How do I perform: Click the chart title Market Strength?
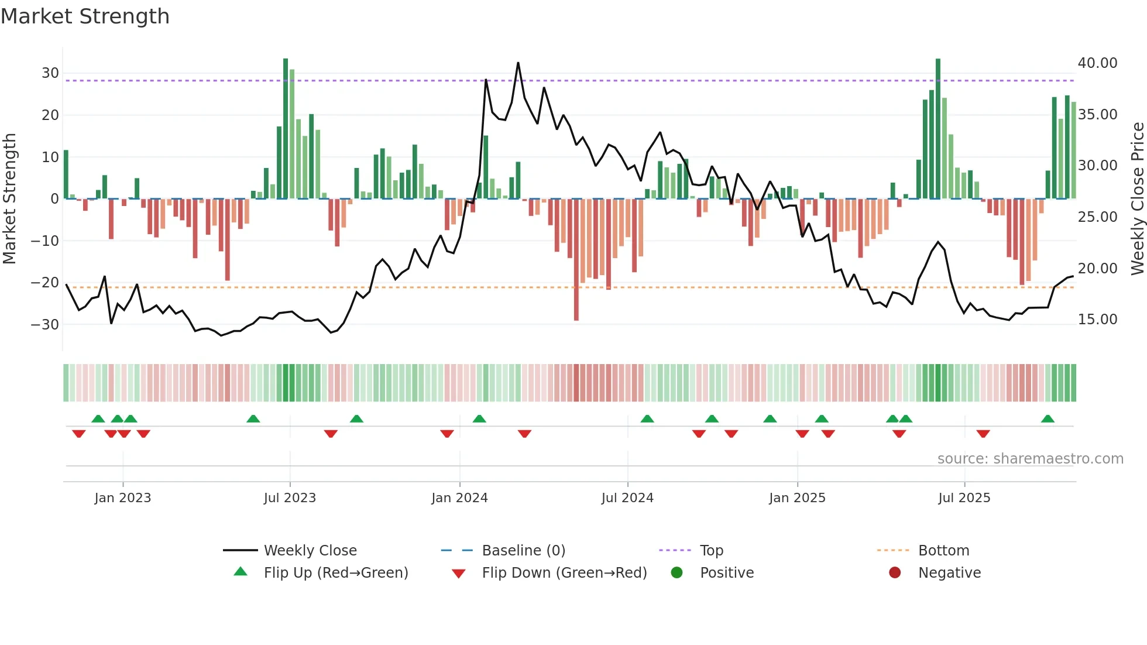[x=85, y=16]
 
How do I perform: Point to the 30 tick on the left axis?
[x=50, y=73]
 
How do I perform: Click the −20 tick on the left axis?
[x=45, y=283]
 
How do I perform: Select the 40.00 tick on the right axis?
[x=1097, y=63]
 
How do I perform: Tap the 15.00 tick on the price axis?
[x=1097, y=320]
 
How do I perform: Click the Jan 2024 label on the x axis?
[x=459, y=498]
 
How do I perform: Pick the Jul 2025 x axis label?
[x=964, y=498]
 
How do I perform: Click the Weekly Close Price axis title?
[x=1137, y=199]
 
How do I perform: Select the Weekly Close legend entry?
[x=310, y=551]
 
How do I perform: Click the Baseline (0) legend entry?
[x=523, y=551]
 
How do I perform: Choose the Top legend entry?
[x=711, y=551]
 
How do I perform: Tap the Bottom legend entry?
[x=943, y=551]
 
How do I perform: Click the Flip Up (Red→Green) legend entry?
[x=335, y=573]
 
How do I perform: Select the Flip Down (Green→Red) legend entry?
[x=564, y=573]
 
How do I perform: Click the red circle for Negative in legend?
[x=895, y=573]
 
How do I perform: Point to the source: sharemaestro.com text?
[x=1030, y=459]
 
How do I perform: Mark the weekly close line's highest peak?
[x=518, y=63]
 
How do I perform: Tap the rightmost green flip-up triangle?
[x=1048, y=419]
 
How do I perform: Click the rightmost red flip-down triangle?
[x=983, y=434]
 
